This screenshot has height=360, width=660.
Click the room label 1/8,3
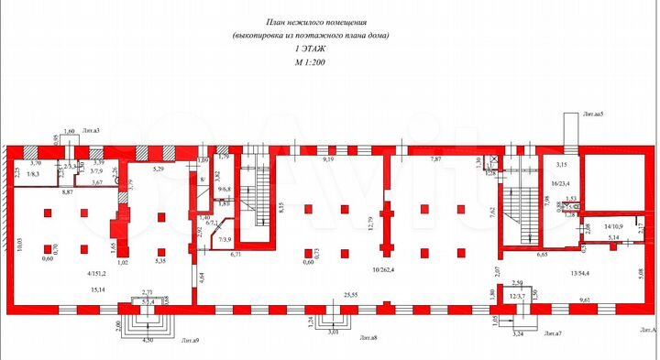33,174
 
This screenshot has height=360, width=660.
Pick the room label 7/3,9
223,240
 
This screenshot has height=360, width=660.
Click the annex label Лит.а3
91,131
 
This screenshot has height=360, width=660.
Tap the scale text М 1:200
310,62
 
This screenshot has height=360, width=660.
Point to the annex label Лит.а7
551,334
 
